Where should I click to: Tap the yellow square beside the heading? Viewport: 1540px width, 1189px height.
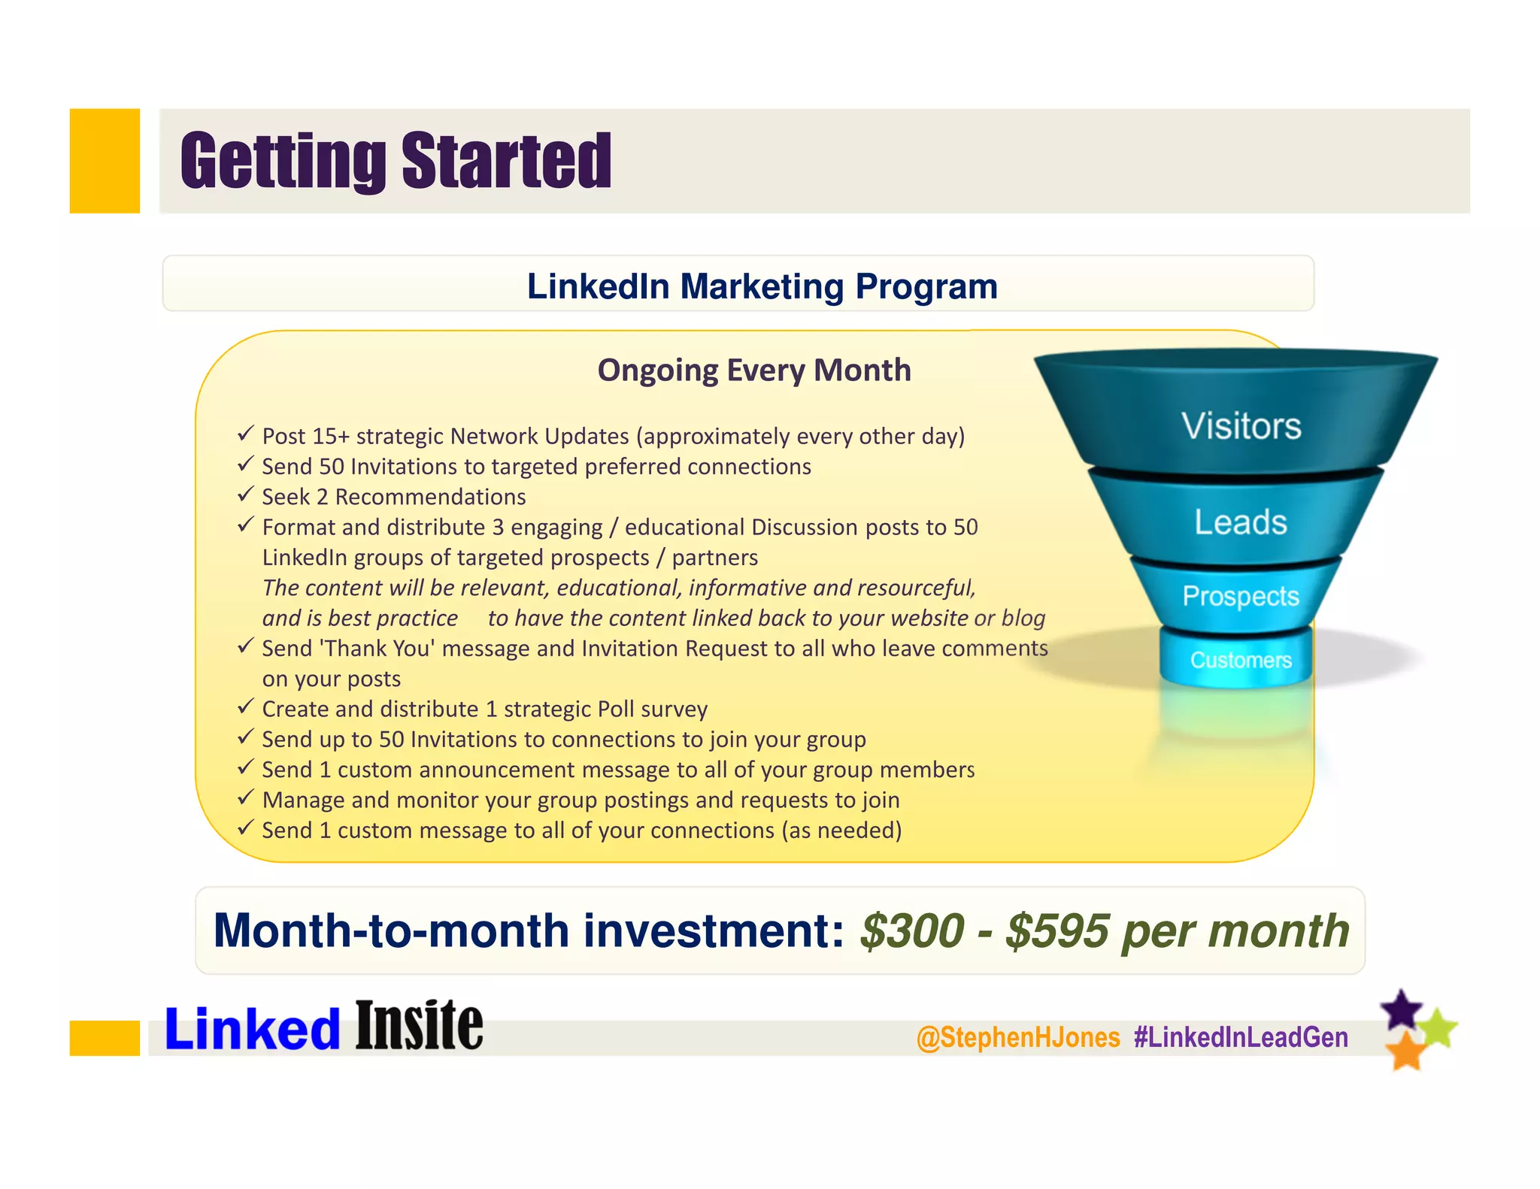pos(105,161)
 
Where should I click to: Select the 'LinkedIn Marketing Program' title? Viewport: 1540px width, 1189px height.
pos(762,286)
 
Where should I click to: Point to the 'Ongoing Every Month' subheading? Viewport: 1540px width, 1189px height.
pos(753,371)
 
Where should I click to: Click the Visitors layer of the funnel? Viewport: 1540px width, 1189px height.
pos(1240,425)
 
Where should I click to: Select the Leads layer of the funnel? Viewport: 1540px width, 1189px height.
pos(1240,522)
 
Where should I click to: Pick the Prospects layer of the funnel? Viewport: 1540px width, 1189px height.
pos(1240,596)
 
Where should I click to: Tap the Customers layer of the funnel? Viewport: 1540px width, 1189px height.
pos(1240,660)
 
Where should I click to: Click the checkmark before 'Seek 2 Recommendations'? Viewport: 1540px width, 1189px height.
pos(245,495)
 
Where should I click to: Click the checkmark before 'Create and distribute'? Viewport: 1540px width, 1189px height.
pos(245,706)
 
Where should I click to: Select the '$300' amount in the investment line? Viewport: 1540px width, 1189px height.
pos(911,931)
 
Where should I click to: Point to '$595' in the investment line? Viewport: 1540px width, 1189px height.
pos(1057,931)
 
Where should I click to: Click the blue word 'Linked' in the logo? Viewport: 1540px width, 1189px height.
pos(253,1029)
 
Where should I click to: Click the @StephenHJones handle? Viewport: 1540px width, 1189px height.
pos(1018,1038)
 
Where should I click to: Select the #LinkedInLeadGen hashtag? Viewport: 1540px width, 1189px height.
pos(1241,1038)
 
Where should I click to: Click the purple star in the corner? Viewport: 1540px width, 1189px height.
pos(1401,1009)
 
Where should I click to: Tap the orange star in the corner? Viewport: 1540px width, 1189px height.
pos(1405,1050)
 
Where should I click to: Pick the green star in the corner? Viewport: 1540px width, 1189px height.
pos(1438,1028)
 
